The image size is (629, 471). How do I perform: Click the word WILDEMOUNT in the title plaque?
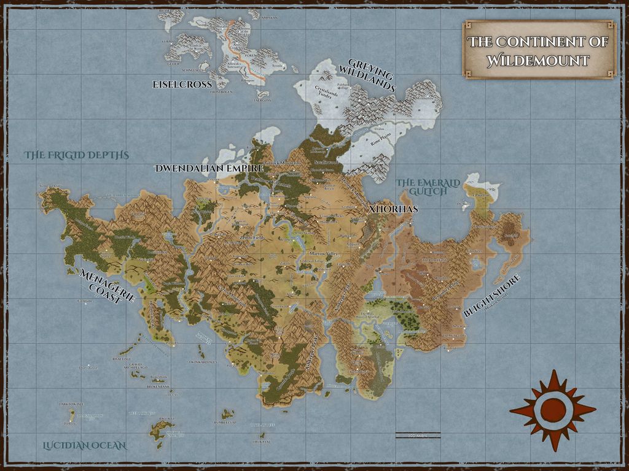click(x=538, y=60)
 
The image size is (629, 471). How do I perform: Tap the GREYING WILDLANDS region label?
click(x=372, y=76)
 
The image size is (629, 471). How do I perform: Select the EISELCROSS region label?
click(x=182, y=84)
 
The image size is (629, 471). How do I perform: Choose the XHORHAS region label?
click(x=394, y=209)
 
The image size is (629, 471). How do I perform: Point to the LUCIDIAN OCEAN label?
click(x=84, y=445)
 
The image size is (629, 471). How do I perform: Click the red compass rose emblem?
click(x=552, y=409)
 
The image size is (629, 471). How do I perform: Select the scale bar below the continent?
click(x=418, y=436)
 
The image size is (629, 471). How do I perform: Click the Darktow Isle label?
click(x=71, y=404)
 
